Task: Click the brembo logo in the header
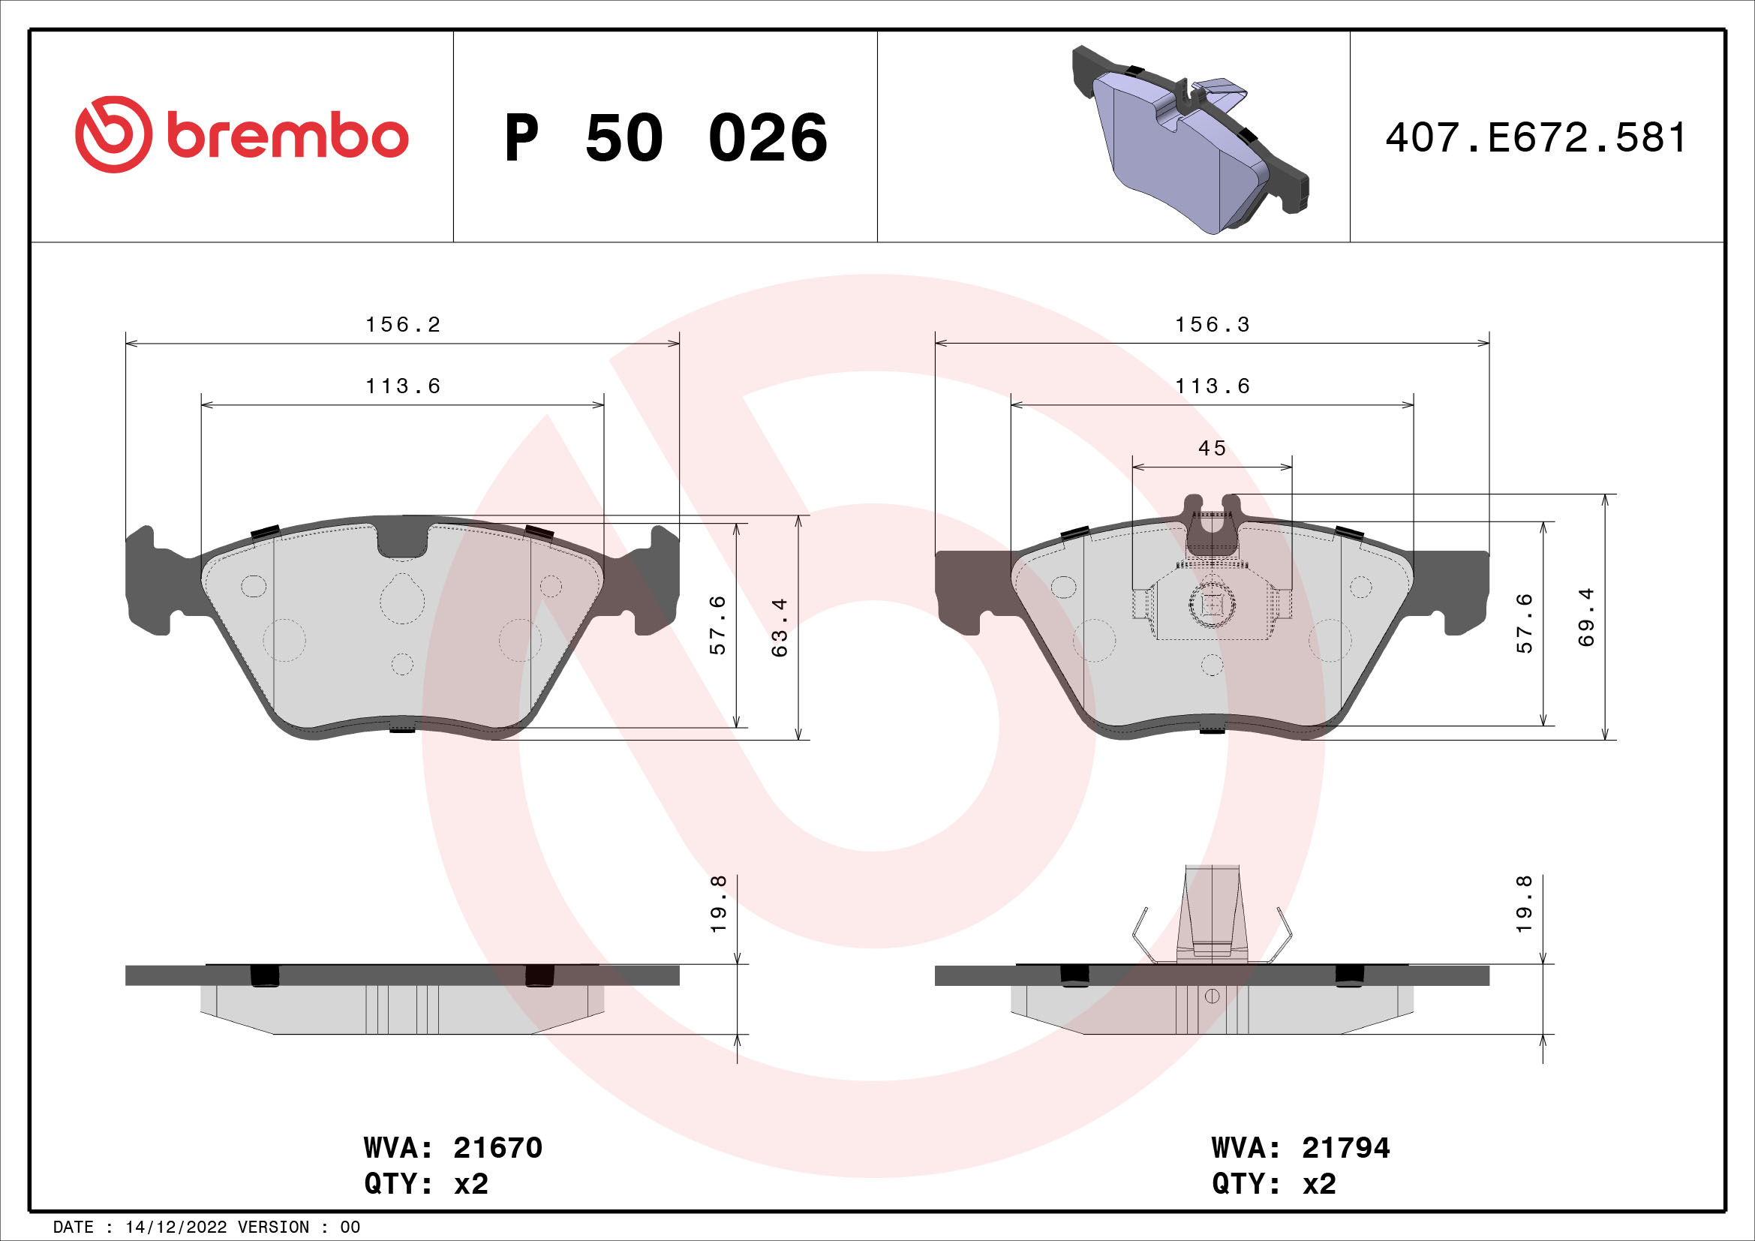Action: coord(242,135)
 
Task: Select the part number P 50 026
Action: coord(665,138)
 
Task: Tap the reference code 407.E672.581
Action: coord(1536,138)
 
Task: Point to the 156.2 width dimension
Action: coord(403,325)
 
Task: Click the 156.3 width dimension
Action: coord(1213,325)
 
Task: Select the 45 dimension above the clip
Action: coord(1213,448)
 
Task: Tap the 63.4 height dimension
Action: coord(780,627)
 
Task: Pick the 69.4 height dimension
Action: coord(1588,617)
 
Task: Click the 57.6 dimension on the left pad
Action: coord(718,625)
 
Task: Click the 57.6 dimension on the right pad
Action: coord(1525,624)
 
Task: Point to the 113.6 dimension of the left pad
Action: coord(403,386)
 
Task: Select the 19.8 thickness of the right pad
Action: coord(1525,904)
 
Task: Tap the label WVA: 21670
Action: coord(452,1148)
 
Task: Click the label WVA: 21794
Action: coord(1300,1148)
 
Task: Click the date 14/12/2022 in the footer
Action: coord(176,1227)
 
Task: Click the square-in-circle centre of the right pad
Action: coord(1213,605)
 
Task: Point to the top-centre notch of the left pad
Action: coord(403,540)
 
